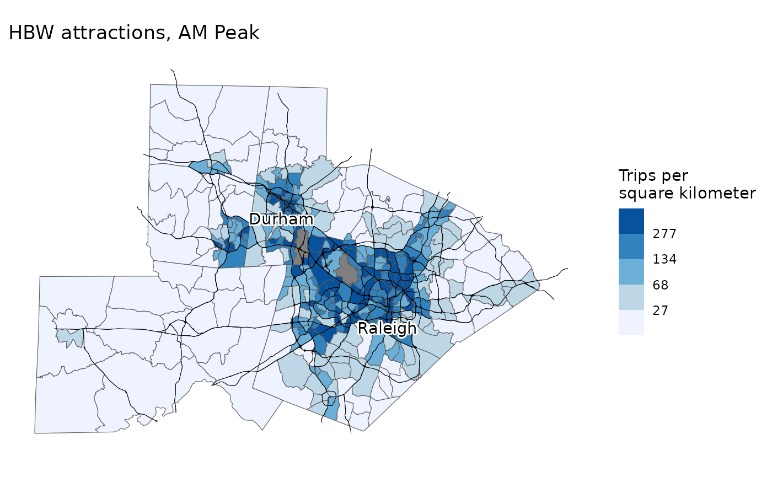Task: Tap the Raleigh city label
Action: tap(387, 329)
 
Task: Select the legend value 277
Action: tap(664, 234)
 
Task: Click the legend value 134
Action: tap(664, 260)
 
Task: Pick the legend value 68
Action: tap(661, 285)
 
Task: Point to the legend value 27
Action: tap(661, 310)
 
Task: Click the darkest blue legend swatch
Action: tap(631, 221)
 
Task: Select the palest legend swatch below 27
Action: tap(631, 323)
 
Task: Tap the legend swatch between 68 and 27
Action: tap(631, 297)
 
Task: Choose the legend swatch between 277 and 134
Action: tap(631, 246)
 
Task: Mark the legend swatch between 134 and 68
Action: tap(631, 272)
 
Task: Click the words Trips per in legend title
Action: tap(653, 176)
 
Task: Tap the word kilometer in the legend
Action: tap(721, 194)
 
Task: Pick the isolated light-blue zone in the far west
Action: tap(69, 336)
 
